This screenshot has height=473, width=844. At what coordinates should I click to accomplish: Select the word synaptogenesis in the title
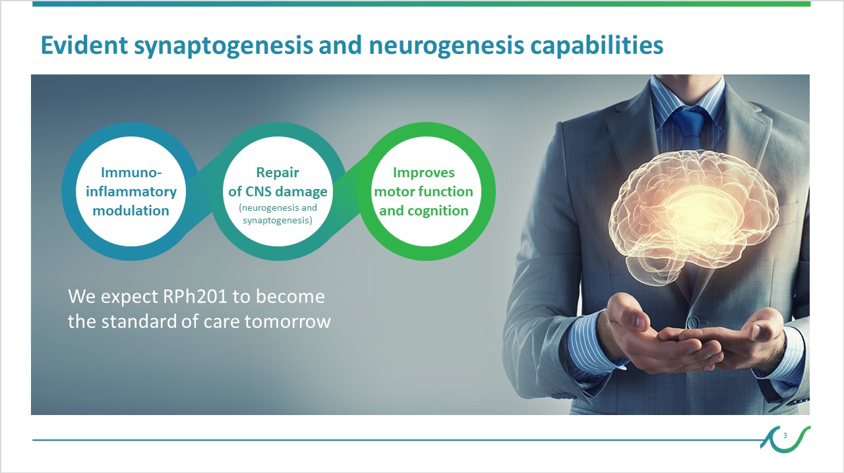tap(224, 46)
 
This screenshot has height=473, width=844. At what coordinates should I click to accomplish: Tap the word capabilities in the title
tap(597, 45)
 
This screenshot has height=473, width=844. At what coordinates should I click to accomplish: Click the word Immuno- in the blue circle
tap(131, 173)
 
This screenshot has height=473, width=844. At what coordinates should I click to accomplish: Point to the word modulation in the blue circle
tap(131, 211)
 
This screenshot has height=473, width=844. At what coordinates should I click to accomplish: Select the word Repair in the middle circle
tap(278, 173)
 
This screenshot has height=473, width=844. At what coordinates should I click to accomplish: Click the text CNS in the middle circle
tap(258, 192)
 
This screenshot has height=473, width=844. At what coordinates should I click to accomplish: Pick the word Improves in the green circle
tap(424, 173)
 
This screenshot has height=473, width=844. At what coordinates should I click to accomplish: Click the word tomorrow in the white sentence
tap(287, 322)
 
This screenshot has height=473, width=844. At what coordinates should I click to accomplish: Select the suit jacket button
tap(693, 321)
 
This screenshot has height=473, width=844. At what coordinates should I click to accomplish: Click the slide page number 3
tap(785, 435)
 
